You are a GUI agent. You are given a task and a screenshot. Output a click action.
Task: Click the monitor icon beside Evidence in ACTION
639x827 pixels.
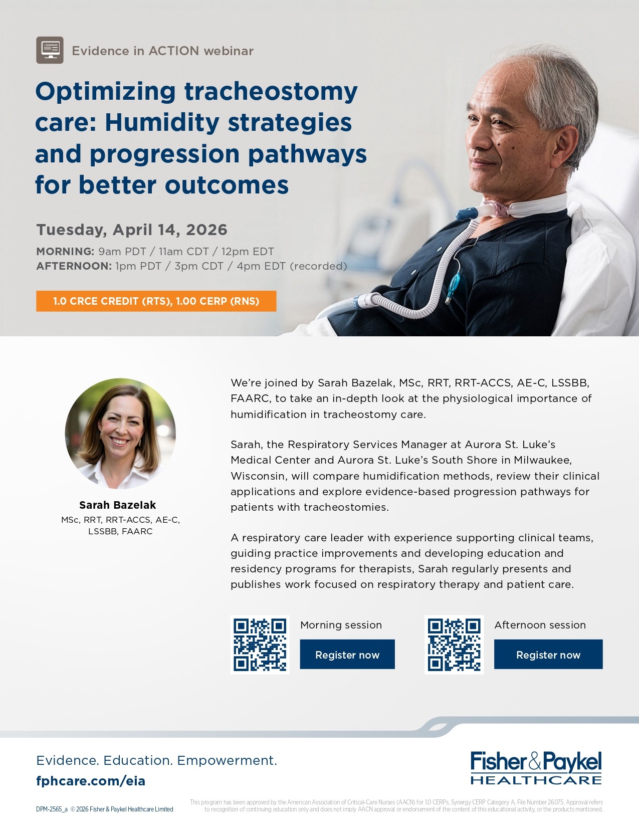click(50, 50)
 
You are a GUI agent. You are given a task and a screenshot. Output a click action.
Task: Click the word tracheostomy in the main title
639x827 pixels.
click(271, 92)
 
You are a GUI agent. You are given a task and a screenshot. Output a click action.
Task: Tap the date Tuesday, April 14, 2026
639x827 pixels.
click(132, 230)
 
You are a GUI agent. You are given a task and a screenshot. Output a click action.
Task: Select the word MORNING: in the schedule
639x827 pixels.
click(65, 252)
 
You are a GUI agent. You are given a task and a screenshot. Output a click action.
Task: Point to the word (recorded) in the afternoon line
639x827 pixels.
click(319, 266)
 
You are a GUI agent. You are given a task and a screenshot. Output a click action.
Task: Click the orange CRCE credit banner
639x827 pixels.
click(156, 301)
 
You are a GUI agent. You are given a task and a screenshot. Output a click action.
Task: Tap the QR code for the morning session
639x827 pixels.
click(260, 645)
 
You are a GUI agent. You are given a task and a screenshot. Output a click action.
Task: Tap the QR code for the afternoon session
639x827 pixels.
click(454, 645)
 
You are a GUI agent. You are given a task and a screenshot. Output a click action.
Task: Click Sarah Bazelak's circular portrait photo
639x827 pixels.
click(120, 434)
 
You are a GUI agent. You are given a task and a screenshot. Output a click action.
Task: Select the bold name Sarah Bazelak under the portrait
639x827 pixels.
click(118, 505)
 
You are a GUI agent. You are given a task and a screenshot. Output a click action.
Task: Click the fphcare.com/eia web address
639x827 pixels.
click(91, 781)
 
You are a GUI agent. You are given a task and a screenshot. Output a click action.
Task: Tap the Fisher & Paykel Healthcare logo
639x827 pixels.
click(536, 768)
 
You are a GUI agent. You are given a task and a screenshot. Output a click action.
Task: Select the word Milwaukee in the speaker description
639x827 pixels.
click(542, 460)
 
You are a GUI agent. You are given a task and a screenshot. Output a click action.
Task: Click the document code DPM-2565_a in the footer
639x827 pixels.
click(52, 809)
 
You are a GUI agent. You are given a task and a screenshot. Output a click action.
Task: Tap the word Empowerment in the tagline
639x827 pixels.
click(227, 760)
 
